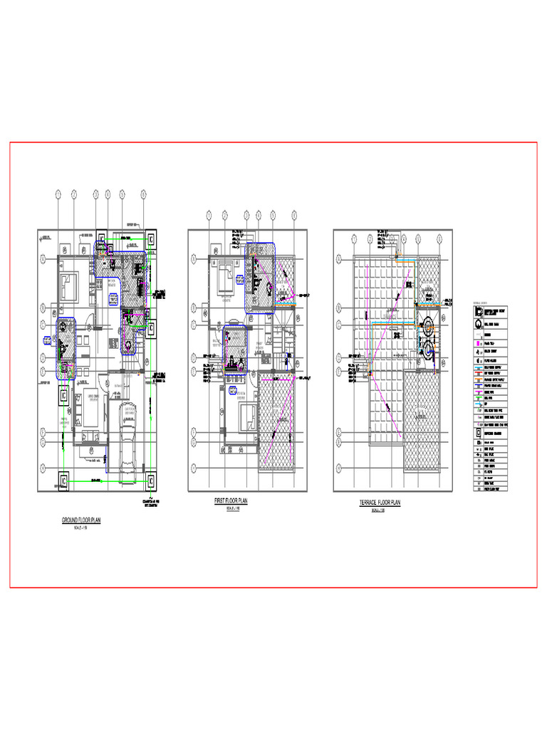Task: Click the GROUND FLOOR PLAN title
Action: pos(81,520)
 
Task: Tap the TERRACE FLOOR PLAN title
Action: pos(380,503)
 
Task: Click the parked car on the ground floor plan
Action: pos(130,426)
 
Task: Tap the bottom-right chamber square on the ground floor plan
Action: pos(151,481)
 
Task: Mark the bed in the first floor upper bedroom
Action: pos(223,273)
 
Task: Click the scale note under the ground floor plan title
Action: pos(81,528)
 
